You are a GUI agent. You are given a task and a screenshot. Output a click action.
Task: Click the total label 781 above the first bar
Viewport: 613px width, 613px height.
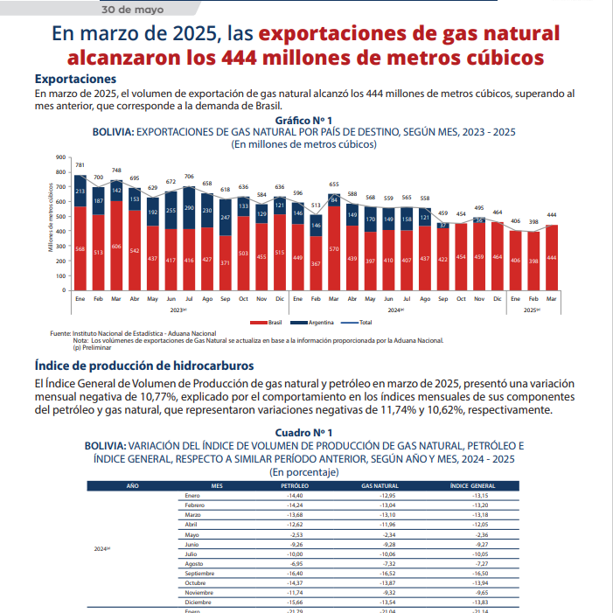point(80,165)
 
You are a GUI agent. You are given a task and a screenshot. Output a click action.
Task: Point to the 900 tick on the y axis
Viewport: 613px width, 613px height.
point(61,157)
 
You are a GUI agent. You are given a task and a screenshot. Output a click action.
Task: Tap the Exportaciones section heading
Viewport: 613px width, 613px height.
point(74,80)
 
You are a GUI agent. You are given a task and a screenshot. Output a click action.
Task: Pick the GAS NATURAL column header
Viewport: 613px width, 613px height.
point(380,485)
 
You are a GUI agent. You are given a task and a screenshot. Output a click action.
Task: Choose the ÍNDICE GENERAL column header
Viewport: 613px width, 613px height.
point(472,485)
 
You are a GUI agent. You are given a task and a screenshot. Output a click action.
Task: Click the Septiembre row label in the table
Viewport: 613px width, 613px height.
point(200,573)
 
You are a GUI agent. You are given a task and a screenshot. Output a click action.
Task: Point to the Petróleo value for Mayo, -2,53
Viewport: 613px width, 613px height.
point(294,534)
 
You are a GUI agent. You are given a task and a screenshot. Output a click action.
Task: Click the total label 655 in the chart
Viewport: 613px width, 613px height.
point(333,185)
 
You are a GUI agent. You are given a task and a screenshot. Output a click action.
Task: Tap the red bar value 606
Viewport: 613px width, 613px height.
point(117,247)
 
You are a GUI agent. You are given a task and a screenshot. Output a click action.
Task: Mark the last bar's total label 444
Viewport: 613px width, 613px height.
point(553,215)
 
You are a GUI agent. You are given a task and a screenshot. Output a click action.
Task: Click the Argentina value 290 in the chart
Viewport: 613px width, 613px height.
point(189,209)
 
